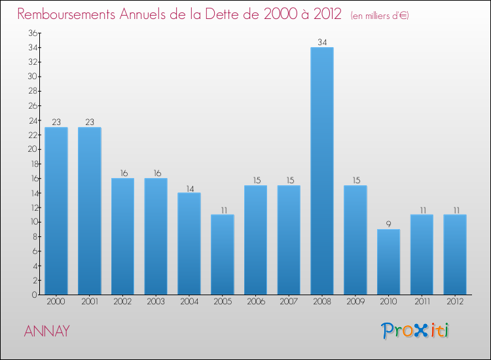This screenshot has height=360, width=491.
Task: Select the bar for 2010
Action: (x=388, y=261)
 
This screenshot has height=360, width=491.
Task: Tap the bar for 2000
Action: (x=56, y=210)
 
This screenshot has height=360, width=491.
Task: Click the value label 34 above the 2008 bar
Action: (x=322, y=42)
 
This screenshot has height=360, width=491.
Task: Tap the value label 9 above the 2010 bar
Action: (x=388, y=224)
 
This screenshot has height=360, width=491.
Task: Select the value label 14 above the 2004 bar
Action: (x=189, y=188)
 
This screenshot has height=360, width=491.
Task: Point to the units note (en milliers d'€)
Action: (x=379, y=15)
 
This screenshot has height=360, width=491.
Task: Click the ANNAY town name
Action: (x=46, y=331)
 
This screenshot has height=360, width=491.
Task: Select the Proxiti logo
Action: (x=416, y=331)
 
